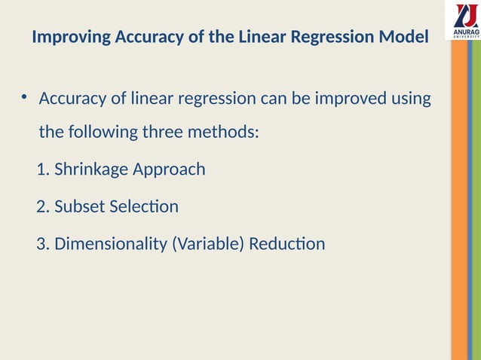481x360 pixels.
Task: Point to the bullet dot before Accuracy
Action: (24, 97)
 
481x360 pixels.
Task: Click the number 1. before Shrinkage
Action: (43, 169)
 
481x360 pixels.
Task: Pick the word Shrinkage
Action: (91, 169)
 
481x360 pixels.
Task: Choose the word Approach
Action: (169, 169)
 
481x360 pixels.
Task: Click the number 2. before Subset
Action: (43, 206)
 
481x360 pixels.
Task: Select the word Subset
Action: (78, 206)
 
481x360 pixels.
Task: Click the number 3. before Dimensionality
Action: (43, 243)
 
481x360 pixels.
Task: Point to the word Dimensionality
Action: (108, 243)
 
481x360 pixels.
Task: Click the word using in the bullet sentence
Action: (412, 99)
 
